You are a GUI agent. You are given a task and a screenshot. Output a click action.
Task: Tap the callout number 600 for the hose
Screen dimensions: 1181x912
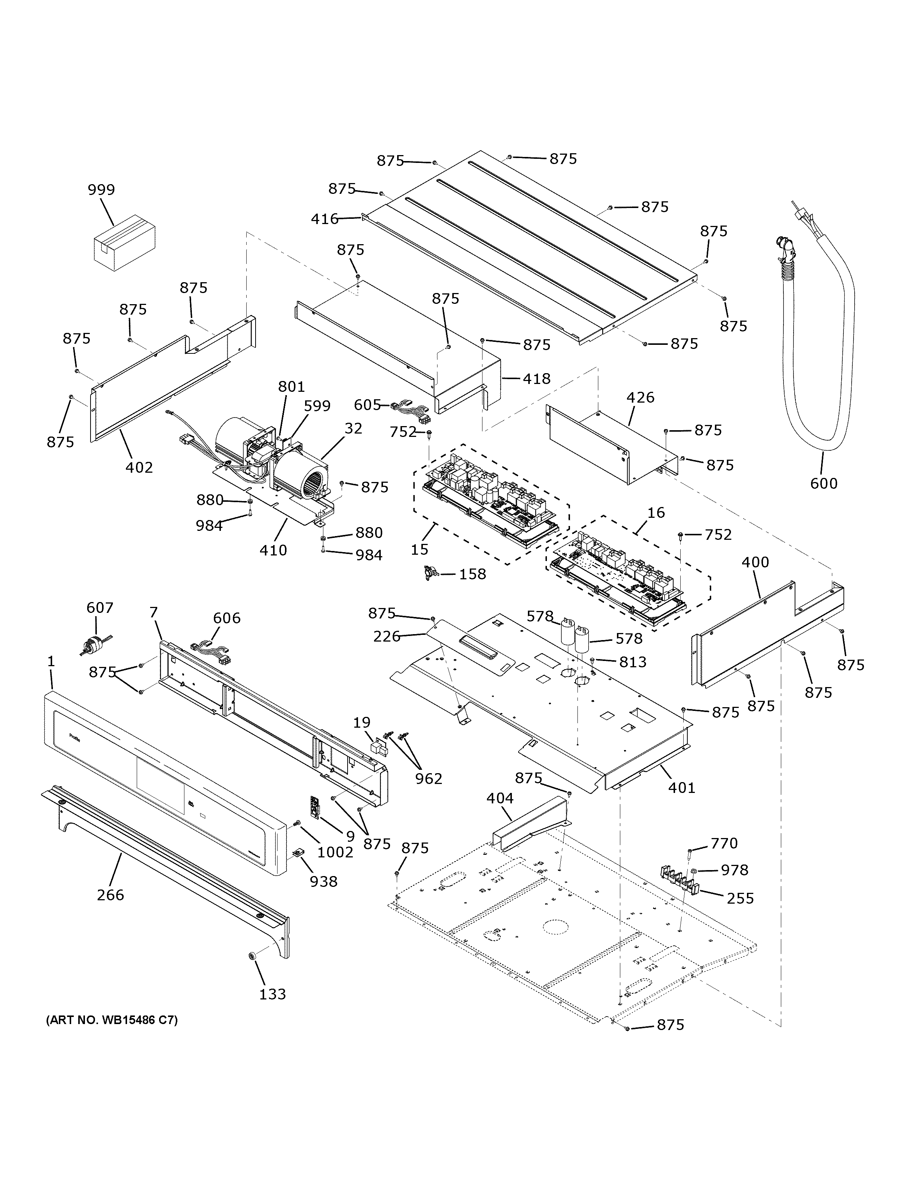tap(823, 483)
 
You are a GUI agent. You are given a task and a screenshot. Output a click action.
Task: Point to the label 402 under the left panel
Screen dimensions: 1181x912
tap(139, 467)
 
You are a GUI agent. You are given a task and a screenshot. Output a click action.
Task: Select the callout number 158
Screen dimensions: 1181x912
tap(472, 574)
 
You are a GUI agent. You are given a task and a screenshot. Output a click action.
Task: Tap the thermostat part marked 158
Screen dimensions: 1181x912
tap(431, 571)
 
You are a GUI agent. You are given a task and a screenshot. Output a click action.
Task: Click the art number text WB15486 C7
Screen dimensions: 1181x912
tap(112, 1020)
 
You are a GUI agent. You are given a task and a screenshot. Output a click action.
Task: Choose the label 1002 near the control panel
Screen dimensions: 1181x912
tap(335, 852)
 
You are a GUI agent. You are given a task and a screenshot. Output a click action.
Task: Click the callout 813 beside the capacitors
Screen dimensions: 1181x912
tap(632, 662)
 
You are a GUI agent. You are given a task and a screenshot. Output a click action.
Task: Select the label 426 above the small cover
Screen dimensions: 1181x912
tap(640, 397)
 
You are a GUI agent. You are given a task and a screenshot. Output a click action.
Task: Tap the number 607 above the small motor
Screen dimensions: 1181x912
tap(100, 608)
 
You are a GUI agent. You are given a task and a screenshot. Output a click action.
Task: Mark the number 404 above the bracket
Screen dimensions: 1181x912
tap(500, 798)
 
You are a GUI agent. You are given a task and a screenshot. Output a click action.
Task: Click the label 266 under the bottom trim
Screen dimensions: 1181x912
tap(110, 894)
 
